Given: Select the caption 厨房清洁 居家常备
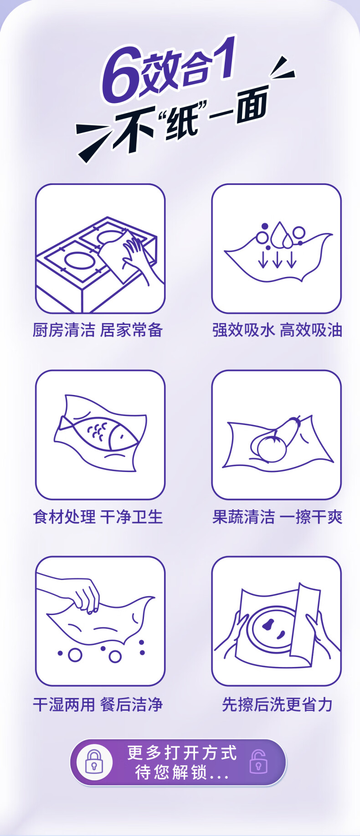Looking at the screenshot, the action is [98, 330].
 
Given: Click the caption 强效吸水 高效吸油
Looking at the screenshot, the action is [277, 330].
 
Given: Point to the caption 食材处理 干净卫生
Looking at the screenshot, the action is [98, 517].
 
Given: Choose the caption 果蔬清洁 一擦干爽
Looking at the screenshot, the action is [277, 517].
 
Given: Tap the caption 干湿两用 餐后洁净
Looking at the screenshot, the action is [98, 704].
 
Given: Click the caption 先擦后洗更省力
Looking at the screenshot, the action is [277, 704].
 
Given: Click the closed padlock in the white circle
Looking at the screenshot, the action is [94, 762].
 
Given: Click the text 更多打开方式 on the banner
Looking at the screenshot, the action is [182, 753].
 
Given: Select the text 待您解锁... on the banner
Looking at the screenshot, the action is [182, 772].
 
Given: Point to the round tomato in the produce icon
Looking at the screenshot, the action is [272, 448].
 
